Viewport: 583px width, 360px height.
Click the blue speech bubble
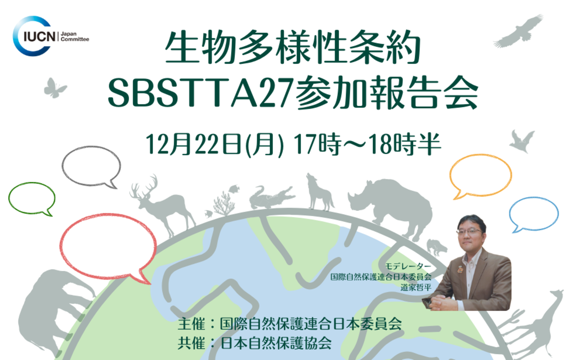533,213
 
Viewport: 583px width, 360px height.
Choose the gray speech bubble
91,165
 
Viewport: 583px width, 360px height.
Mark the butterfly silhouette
55,88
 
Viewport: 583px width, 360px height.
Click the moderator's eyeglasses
469,231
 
